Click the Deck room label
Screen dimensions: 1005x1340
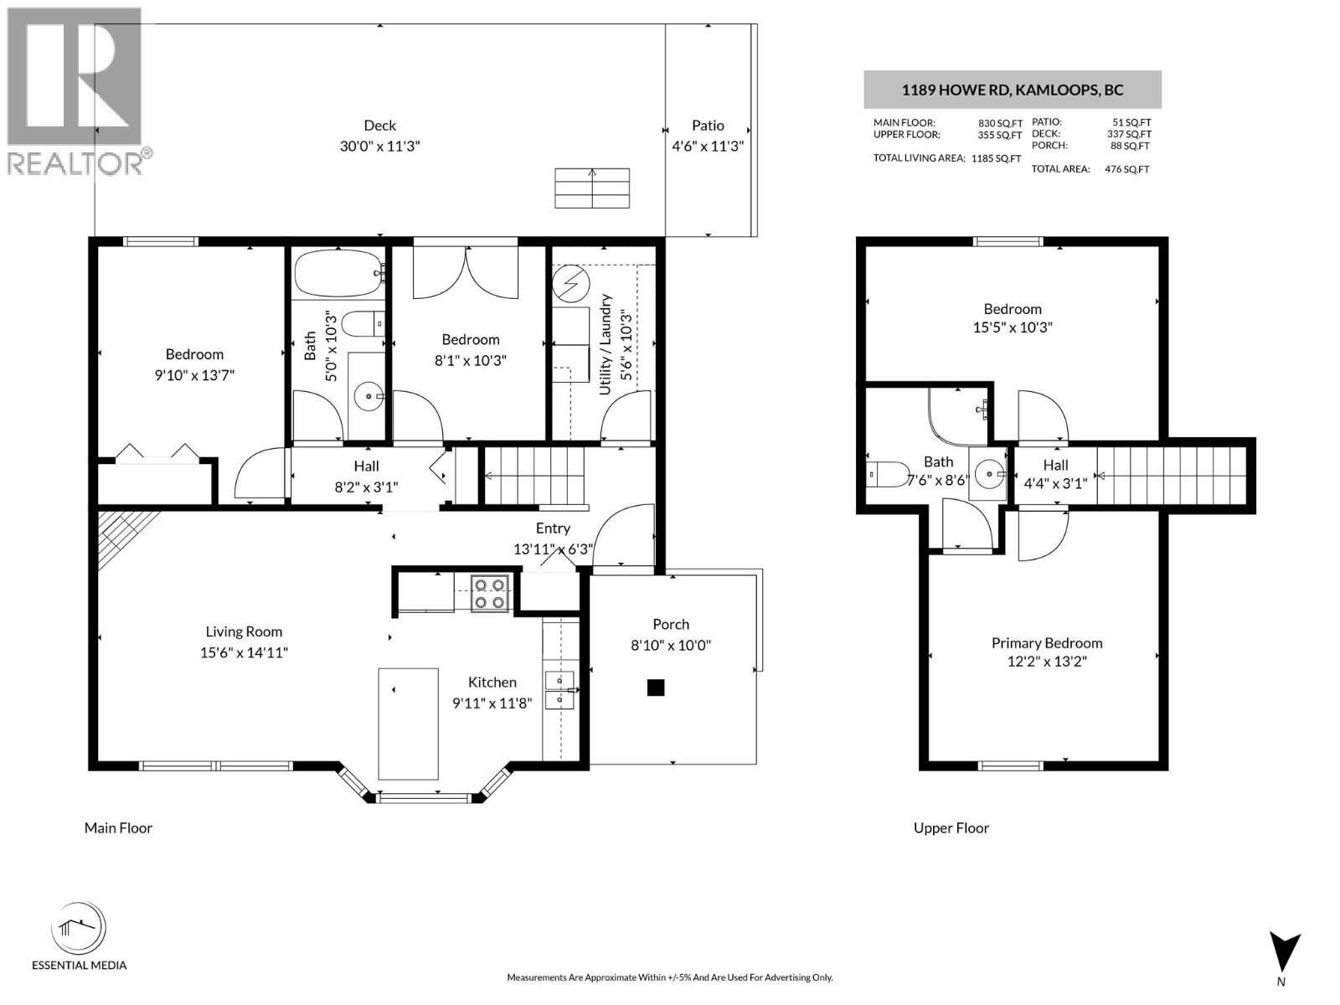coord(379,126)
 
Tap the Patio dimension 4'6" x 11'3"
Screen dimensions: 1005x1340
coord(708,146)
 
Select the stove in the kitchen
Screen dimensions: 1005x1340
coord(489,593)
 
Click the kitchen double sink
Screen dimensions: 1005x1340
coord(559,688)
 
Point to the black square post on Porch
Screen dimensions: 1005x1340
coord(656,688)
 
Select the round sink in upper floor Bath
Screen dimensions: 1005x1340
coord(990,474)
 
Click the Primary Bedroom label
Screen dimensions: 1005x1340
coord(1047,643)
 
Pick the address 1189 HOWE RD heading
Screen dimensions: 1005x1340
coord(1012,90)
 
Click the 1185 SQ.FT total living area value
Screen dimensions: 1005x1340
coord(996,158)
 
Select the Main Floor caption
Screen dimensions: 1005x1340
coord(118,827)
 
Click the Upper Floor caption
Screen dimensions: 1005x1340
coord(951,827)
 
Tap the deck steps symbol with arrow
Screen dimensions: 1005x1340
coord(592,188)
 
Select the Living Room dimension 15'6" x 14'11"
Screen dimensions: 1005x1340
coord(244,652)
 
